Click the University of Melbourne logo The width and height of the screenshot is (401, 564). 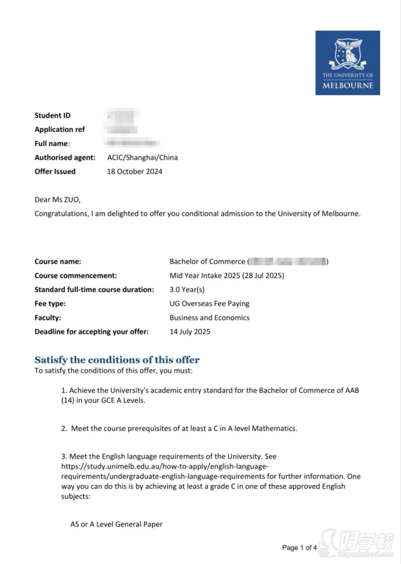click(x=347, y=63)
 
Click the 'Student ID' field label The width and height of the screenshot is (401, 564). click(x=52, y=115)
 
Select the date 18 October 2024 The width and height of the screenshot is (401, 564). click(x=134, y=171)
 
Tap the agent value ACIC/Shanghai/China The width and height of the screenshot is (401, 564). click(x=142, y=157)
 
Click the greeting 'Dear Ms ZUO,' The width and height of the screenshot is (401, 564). click(x=57, y=199)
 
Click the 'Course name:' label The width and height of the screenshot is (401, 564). click(x=58, y=261)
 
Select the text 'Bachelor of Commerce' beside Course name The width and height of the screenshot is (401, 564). click(x=207, y=261)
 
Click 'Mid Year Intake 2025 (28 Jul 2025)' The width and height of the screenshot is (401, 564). click(x=227, y=275)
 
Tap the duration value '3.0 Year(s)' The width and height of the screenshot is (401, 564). click(x=187, y=290)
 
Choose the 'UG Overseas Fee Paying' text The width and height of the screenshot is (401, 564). click(x=209, y=304)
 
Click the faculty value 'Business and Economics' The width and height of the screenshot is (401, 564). click(x=209, y=318)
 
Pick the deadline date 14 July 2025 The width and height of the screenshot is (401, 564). click(x=190, y=332)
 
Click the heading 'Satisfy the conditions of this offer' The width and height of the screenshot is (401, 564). click(x=117, y=360)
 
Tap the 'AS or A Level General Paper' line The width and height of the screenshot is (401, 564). click(x=116, y=525)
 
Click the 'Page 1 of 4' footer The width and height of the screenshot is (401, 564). click(x=299, y=547)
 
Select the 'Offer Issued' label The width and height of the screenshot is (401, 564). click(x=55, y=171)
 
